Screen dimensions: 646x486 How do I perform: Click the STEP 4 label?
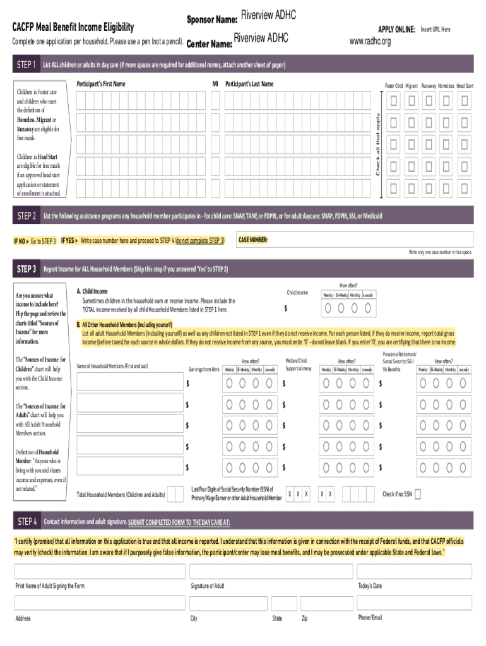coord(27,522)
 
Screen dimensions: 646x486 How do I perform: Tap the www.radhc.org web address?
coord(370,42)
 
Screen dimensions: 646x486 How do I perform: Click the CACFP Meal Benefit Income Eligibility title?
coord(73,27)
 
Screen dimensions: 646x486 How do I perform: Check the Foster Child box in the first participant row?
coord(394,100)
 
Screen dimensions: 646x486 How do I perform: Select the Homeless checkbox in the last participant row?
coord(447,188)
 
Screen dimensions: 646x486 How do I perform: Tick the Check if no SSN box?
coord(418,494)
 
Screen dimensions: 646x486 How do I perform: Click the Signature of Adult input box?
coord(270,571)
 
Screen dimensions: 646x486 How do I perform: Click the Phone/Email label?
coord(370,617)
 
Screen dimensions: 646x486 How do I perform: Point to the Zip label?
coord(305,618)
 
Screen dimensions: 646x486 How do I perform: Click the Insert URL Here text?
coord(436,30)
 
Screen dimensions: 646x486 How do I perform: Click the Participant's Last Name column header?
coord(249,84)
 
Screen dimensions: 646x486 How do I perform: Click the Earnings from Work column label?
coord(204,369)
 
